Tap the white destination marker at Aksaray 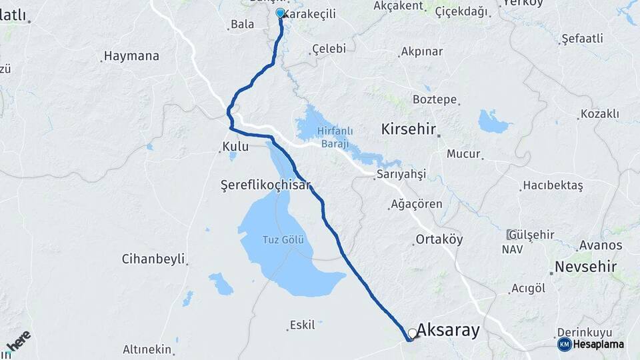point(413,333)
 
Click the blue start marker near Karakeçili point(280,13)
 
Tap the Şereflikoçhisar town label point(266,185)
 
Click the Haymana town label point(132,56)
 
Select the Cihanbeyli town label point(153,259)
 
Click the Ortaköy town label point(439,239)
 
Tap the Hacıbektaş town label point(553,185)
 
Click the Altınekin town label point(147,349)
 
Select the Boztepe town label point(435,100)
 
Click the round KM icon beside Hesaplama point(564,344)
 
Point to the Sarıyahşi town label point(401,174)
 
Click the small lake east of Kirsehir point(494,121)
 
